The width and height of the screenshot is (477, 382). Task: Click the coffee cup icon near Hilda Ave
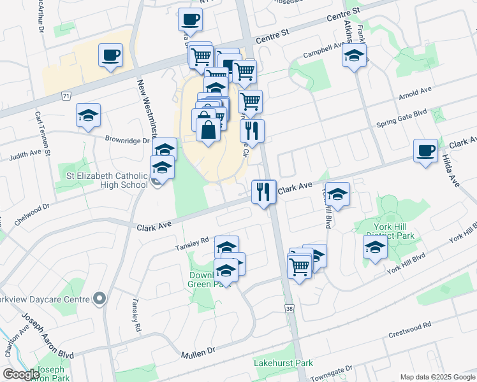[x=425, y=151]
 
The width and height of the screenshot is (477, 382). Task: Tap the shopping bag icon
[x=209, y=129]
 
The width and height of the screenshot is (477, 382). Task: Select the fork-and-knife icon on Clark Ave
[x=263, y=191]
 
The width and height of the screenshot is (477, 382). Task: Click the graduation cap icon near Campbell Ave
[x=354, y=55]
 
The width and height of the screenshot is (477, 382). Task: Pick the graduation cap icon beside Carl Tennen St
[x=88, y=115]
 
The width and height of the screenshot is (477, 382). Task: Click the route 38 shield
[x=290, y=308]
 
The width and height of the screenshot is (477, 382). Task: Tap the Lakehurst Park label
[x=283, y=364]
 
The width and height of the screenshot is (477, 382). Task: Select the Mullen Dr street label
[x=198, y=353]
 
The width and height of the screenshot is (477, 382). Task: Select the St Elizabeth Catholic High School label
[x=107, y=180]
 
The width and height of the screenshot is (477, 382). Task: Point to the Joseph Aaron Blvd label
[x=48, y=336]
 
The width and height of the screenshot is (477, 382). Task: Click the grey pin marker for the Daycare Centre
[x=99, y=298]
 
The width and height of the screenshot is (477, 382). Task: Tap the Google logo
[x=21, y=375]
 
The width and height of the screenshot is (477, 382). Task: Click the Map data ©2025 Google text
[x=437, y=377]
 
